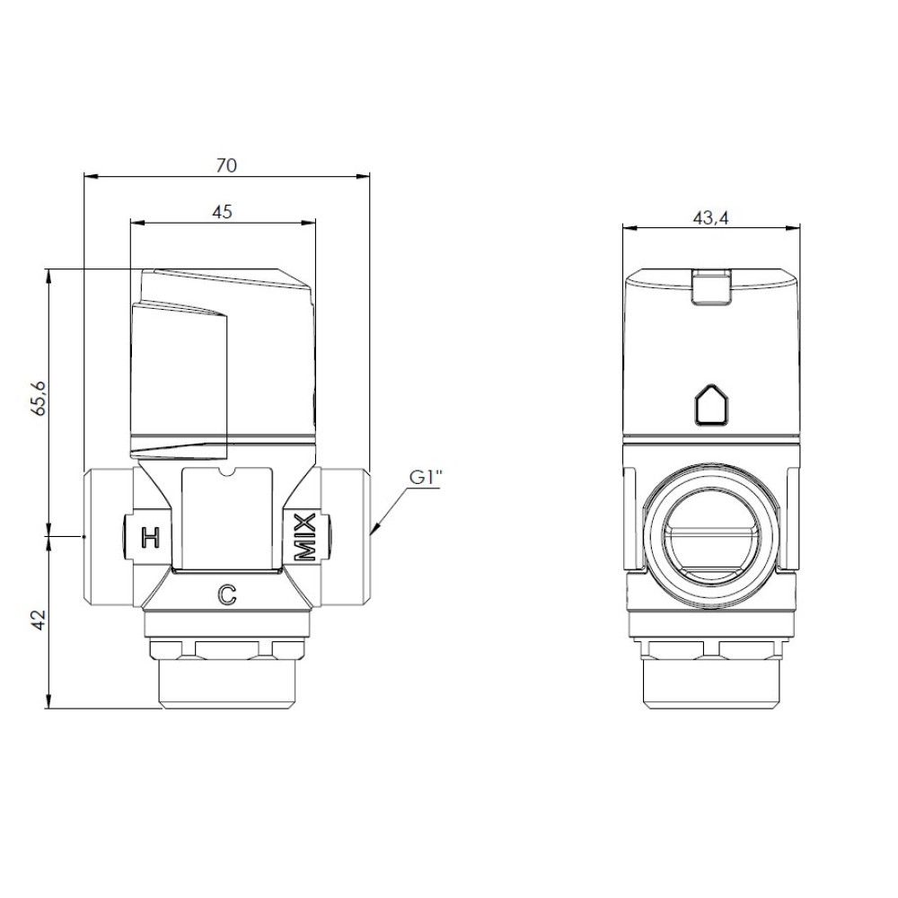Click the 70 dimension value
pyautogui.click(x=226, y=165)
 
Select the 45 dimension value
pyautogui.click(x=222, y=212)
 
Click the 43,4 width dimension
pyautogui.click(x=710, y=218)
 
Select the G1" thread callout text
pyautogui.click(x=427, y=478)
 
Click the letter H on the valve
pyautogui.click(x=150, y=537)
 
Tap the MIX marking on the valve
pyautogui.click(x=304, y=537)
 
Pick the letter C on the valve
pyautogui.click(x=227, y=595)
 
